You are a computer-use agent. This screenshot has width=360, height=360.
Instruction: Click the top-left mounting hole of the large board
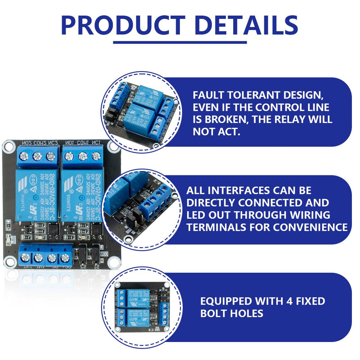point(9,146)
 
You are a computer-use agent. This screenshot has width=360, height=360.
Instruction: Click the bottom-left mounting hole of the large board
point(9,261)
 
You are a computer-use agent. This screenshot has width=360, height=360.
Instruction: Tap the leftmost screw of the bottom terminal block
point(25,258)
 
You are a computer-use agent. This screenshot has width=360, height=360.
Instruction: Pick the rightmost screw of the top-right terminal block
point(96,156)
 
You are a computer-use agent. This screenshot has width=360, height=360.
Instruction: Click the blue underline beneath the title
point(180,42)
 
